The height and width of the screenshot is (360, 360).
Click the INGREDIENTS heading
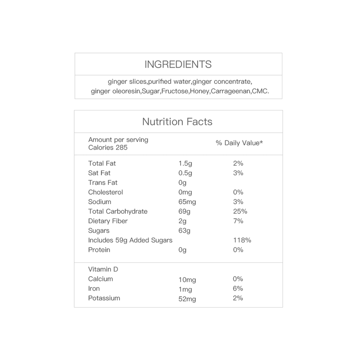click(178, 64)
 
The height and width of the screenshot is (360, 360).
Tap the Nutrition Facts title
click(177, 122)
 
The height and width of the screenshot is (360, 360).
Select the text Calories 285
click(108, 148)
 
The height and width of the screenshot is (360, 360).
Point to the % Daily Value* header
click(239, 143)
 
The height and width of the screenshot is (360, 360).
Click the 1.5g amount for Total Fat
click(185, 163)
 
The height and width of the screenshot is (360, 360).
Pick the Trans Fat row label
click(102, 182)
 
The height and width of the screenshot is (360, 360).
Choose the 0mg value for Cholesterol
click(185, 192)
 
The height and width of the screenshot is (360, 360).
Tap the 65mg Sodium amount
click(187, 202)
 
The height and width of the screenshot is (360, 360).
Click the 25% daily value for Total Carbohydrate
click(240, 211)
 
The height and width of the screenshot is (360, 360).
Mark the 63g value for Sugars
click(184, 231)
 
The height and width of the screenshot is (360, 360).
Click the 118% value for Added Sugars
click(242, 240)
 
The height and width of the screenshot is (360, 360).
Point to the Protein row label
click(99, 250)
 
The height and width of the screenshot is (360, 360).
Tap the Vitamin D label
click(103, 270)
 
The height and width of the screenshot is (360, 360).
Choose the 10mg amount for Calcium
click(187, 280)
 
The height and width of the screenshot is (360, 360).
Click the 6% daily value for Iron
click(238, 289)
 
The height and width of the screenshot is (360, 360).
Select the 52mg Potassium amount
click(187, 299)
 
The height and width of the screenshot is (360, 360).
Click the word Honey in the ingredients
click(200, 91)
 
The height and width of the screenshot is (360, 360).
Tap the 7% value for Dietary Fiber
click(238, 221)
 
